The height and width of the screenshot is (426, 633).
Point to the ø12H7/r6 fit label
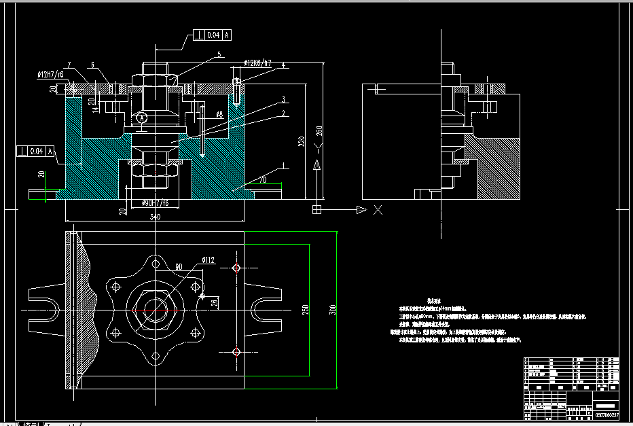pos(51,74)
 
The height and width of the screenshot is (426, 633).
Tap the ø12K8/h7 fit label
pos(258,64)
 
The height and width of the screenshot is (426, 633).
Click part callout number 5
pos(219,54)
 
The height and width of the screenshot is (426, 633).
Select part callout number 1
pos(283,165)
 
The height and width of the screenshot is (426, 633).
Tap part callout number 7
pos(69,64)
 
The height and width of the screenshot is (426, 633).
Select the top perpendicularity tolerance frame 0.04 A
pos(213,34)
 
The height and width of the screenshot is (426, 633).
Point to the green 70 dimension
pos(262,181)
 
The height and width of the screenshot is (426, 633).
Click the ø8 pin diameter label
pos(219,115)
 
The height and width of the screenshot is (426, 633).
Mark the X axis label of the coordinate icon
pos(378,210)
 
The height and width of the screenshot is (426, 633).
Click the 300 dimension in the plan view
pos(332,310)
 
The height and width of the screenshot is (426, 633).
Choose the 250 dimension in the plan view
pos(305,310)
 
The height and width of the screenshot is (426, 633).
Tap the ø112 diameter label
pos(208,259)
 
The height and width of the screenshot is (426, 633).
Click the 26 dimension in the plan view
pos(214,303)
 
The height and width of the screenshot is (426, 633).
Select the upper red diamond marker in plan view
pos(236,268)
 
